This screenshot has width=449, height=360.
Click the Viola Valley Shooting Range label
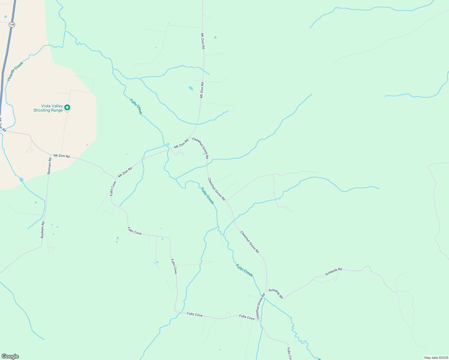48,108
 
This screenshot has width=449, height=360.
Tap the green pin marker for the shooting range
68,107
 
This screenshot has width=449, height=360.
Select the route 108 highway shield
12,25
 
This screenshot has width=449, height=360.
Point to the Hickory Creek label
15,71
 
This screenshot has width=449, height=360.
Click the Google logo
10,356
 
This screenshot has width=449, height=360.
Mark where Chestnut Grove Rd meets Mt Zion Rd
190,138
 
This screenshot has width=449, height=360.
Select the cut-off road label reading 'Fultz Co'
289,354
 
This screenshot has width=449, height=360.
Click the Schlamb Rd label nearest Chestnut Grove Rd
276,293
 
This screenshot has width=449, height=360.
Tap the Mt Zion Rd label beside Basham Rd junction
62,156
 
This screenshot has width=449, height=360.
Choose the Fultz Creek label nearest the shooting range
136,106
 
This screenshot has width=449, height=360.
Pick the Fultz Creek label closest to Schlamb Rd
244,270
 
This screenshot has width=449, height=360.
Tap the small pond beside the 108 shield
6,17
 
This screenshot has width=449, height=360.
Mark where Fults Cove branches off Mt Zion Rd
116,178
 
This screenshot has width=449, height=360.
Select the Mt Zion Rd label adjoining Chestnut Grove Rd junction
182,143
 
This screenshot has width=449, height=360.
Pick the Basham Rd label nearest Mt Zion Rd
50,166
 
